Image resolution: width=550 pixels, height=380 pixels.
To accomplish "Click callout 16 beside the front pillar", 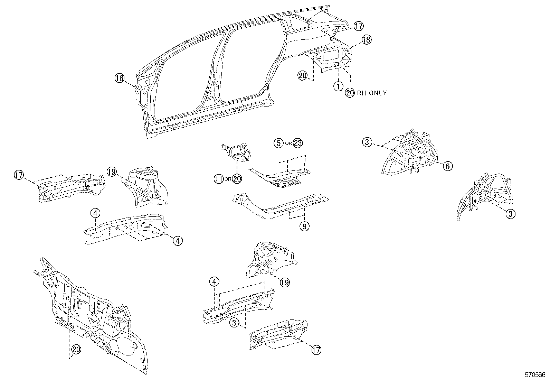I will click(x=119, y=78).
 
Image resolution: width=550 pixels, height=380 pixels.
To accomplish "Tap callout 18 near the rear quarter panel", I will click(x=366, y=40).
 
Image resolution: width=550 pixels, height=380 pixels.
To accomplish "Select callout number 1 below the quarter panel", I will click(x=338, y=86).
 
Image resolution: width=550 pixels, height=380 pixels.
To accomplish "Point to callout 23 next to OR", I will click(x=297, y=143).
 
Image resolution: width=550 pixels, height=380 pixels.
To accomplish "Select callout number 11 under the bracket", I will click(x=218, y=179).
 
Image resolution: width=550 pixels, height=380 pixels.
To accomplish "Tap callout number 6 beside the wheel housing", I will click(x=447, y=166).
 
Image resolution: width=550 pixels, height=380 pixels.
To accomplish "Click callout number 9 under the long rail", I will click(x=304, y=226).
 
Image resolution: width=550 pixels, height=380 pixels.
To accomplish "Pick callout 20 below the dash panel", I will click(x=76, y=350).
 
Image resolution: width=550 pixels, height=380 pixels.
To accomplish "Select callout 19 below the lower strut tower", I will click(x=284, y=282).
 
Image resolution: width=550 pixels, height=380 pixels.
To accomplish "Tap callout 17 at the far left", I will click(x=19, y=175).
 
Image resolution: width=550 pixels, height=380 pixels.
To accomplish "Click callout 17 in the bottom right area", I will click(x=316, y=350).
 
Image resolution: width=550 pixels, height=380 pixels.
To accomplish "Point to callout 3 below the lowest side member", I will click(x=234, y=323).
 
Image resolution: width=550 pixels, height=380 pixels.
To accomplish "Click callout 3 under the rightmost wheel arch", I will click(x=510, y=214).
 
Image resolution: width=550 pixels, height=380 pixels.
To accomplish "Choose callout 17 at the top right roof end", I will click(x=359, y=26).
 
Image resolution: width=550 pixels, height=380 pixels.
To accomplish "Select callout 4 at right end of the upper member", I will click(x=177, y=241).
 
